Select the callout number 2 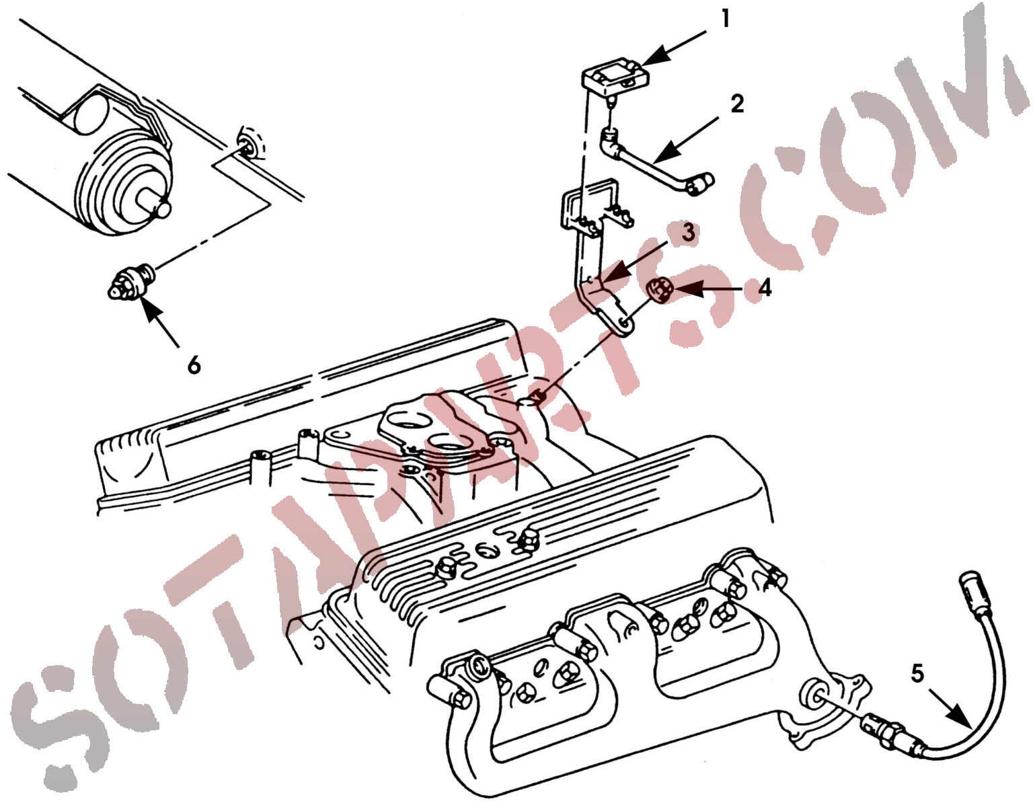point(737,104)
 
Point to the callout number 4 point(765,288)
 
